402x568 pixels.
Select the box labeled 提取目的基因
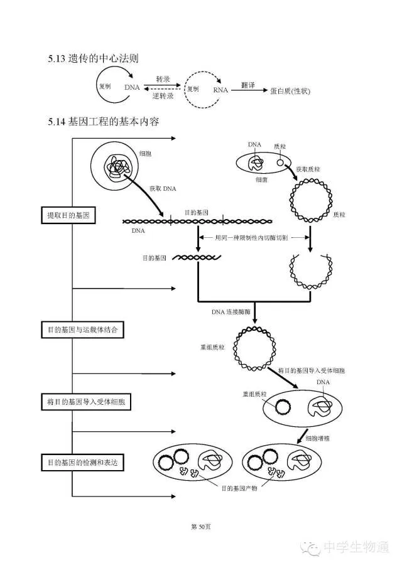coord(68,215)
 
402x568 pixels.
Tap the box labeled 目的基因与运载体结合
coord(82,329)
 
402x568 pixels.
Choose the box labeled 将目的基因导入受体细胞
coord(85,402)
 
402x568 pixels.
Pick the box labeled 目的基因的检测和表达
coord(82,463)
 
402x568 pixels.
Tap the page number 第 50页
coord(200,527)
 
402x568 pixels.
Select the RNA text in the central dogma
coord(220,90)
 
